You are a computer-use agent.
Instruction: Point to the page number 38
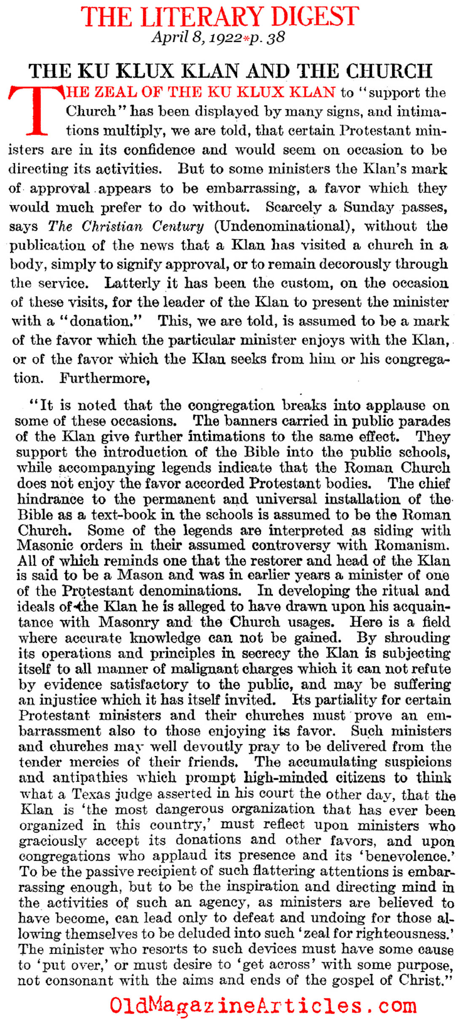coord(276,38)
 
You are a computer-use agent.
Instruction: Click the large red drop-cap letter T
coord(35,110)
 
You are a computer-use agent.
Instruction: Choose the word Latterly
coord(132,283)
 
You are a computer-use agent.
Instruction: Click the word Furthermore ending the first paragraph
coord(104,378)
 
